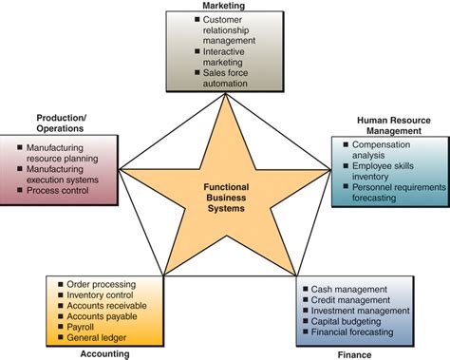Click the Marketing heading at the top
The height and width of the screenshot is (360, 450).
click(225, 6)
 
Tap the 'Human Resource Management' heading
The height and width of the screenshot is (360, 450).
click(387, 126)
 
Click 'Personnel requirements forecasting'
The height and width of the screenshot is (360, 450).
click(397, 194)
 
